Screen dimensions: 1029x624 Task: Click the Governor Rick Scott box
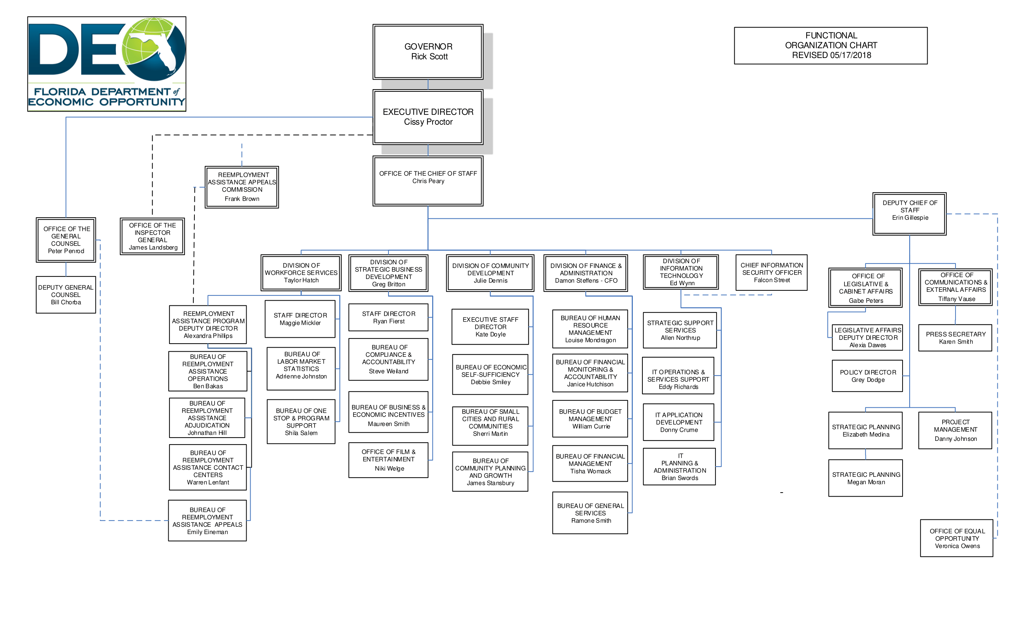pyautogui.click(x=428, y=52)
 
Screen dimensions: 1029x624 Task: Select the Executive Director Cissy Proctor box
pyautogui.click(x=428, y=117)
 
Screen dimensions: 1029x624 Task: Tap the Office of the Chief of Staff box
pyautogui.click(x=428, y=181)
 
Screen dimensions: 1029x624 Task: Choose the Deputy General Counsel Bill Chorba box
pyautogui.click(x=66, y=294)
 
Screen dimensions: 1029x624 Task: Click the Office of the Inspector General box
pyautogui.click(x=153, y=236)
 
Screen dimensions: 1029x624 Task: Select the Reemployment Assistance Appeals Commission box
pyautogui.click(x=242, y=187)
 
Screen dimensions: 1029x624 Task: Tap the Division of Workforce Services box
pyautogui.click(x=301, y=273)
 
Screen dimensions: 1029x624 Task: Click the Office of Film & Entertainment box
pyautogui.click(x=388, y=460)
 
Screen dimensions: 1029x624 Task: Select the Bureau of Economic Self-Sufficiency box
pyautogui.click(x=490, y=374)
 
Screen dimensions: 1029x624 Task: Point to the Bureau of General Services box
pyautogui.click(x=590, y=513)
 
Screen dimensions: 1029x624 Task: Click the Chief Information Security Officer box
pyautogui.click(x=771, y=272)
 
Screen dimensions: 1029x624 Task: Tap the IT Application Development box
pyautogui.click(x=679, y=422)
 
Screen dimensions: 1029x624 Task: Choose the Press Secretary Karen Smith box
pyautogui.click(x=955, y=338)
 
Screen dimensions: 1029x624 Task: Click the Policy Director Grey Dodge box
pyautogui.click(x=867, y=376)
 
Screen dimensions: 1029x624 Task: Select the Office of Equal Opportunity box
pyautogui.click(x=957, y=538)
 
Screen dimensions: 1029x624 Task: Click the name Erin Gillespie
pyautogui.click(x=910, y=218)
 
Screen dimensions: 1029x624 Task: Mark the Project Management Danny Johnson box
pyautogui.click(x=955, y=430)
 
